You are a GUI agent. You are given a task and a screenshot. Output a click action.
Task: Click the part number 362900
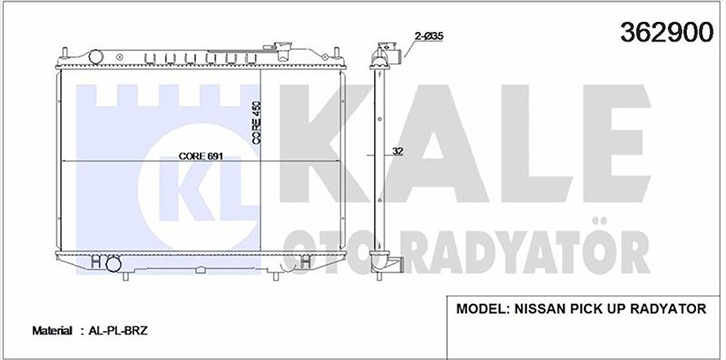click(x=667, y=31)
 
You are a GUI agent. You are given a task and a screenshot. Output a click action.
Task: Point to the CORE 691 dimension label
click(x=201, y=156)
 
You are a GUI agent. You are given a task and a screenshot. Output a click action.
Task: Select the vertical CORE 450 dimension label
click(x=257, y=123)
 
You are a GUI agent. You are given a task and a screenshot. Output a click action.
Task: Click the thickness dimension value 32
click(x=397, y=151)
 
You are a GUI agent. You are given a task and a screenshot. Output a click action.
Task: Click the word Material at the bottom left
click(x=52, y=331)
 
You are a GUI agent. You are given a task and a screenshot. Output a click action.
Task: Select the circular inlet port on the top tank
click(x=96, y=57)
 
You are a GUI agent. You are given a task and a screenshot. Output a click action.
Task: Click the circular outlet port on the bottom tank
click(x=113, y=265)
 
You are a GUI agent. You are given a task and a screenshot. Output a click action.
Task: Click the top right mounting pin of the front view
click(x=337, y=52)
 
